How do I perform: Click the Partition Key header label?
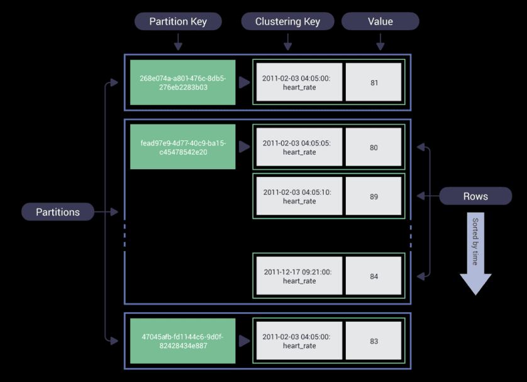pyautogui.click(x=178, y=21)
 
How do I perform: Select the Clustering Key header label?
pyautogui.click(x=287, y=21)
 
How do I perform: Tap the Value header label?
pyautogui.click(x=380, y=21)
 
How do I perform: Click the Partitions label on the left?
pyautogui.click(x=58, y=212)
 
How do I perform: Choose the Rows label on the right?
pyautogui.click(x=475, y=196)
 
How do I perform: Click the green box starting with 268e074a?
pyautogui.click(x=182, y=82)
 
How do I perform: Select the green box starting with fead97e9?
pyautogui.click(x=182, y=147)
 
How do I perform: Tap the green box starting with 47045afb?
pyautogui.click(x=182, y=341)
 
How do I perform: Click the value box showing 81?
pyautogui.click(x=374, y=82)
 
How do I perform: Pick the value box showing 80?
pyautogui.click(x=374, y=148)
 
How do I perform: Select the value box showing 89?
pyautogui.click(x=374, y=197)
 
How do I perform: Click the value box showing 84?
pyautogui.click(x=374, y=276)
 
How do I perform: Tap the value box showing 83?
pyautogui.click(x=374, y=341)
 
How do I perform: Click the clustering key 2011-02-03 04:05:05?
pyautogui.click(x=299, y=148)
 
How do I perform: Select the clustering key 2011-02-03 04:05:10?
pyautogui.click(x=299, y=197)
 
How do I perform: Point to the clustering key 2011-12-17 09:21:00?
pyautogui.click(x=299, y=276)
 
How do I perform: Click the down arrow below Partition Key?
pyautogui.click(x=178, y=42)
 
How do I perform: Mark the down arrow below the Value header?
pyautogui.click(x=380, y=42)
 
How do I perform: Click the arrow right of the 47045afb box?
pyautogui.click(x=244, y=341)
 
